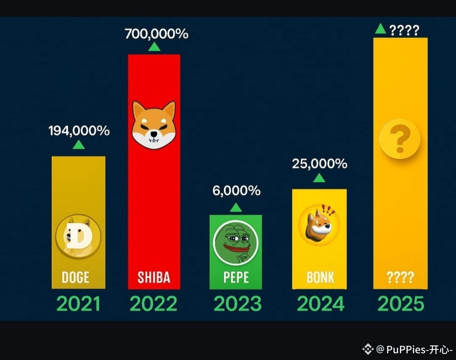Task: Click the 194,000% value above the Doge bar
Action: pos(79,131)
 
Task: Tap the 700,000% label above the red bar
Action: pos(156,34)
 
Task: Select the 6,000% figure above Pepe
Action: pos(236,191)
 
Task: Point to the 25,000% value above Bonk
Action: pos(320,164)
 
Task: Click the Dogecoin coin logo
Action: pos(78,236)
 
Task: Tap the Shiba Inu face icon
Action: pos(154,125)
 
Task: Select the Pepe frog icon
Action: pos(235,243)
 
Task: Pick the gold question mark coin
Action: pos(400,139)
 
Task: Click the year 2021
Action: pos(78,304)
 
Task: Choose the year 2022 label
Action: pos(154,304)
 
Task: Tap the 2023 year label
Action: pos(237,304)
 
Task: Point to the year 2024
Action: pos(321,304)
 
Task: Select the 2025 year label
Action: pos(400,304)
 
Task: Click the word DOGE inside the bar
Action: pos(76,277)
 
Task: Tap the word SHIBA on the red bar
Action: pos(154,277)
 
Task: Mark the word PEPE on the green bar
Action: pos(236,277)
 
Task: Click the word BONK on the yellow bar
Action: pos(320,277)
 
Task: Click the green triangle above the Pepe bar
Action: pos(236,207)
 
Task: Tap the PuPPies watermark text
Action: pos(414,349)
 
